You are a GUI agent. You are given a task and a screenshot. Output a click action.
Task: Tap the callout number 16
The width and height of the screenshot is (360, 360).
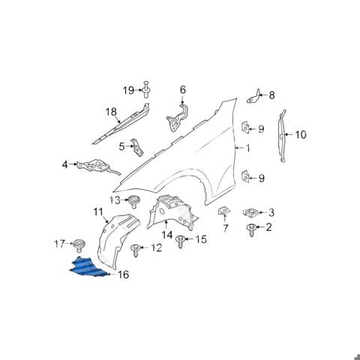pos(123,274)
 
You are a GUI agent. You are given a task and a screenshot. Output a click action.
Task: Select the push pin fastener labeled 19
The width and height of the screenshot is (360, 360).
pos(145,89)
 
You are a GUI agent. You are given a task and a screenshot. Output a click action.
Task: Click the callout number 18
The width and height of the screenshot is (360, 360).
pos(111,112)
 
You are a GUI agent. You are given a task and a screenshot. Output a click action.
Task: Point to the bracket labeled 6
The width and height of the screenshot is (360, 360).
pos(178,118)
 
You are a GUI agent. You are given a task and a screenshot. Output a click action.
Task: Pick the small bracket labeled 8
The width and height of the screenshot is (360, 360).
pos(254,97)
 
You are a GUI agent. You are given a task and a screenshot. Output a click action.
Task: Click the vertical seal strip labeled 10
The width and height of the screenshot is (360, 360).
pos(283,136)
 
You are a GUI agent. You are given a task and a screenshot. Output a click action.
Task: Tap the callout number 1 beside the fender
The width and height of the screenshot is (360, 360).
pos(247,148)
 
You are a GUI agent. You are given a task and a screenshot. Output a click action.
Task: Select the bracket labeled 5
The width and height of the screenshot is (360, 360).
pos(137,147)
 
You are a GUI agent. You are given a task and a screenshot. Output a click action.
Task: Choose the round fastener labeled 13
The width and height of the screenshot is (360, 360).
pos(134,201)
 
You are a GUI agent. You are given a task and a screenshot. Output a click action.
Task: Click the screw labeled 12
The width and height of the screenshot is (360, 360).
pos(135,250)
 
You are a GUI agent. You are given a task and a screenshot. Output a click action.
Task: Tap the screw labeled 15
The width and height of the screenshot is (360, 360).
pos(180,241)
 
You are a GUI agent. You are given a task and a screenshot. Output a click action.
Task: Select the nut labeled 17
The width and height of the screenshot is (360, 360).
pos(79,245)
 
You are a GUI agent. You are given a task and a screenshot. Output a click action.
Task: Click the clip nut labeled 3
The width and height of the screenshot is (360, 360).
pos(250,212)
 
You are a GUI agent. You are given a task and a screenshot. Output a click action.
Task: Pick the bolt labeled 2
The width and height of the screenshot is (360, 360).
pos(251,230)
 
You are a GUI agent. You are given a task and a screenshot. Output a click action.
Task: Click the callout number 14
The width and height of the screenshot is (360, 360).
pos(167,235)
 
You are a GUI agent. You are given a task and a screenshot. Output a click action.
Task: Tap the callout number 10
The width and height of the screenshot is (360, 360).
pos(301,135)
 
